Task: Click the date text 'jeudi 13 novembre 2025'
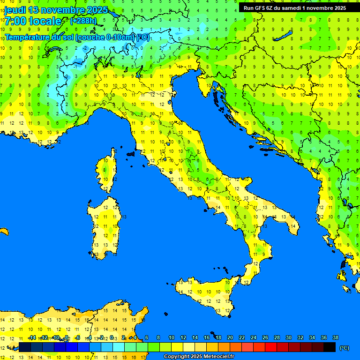tap(56, 10)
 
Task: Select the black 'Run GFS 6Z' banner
tap(294, 8)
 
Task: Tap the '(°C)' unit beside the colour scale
tap(344, 347)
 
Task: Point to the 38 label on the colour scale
tap(335, 337)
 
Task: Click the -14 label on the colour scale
tap(32, 337)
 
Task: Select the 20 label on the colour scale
tap(230, 337)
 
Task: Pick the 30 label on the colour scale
tap(288, 337)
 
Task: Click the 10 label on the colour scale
tap(172, 337)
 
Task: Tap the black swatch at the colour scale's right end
tap(330, 347)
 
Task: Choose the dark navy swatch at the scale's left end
tap(25, 347)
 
